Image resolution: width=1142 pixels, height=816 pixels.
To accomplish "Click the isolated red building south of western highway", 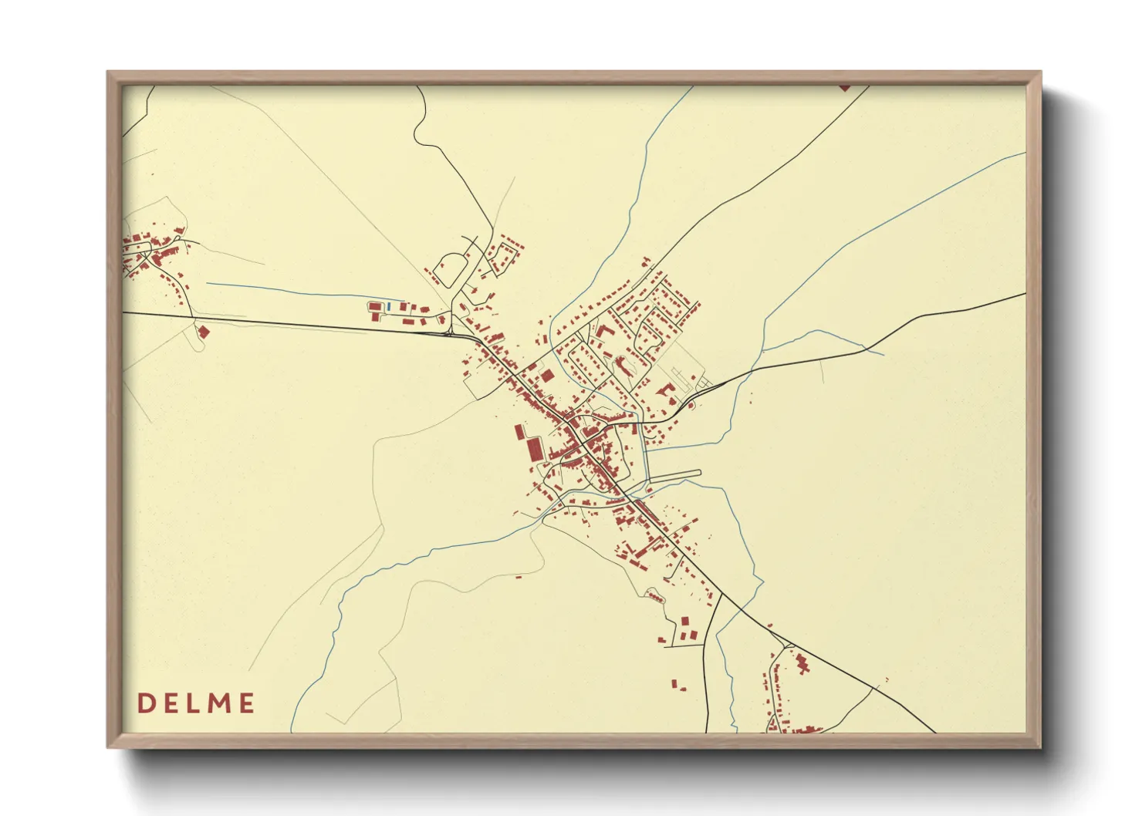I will (204, 332).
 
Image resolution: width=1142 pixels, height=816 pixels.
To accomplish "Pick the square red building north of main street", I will (547, 376).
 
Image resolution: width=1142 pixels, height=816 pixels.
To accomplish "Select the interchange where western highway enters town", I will (450, 333).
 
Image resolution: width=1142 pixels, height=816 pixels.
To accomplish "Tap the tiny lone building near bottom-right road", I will (887, 679).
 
